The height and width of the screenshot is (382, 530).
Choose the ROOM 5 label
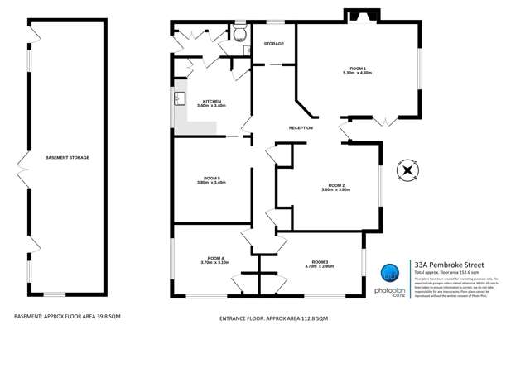point(211,178)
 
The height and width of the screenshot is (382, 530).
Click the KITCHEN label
point(212,101)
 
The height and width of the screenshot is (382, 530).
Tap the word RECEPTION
point(301,128)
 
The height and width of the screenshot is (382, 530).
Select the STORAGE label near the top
point(273,43)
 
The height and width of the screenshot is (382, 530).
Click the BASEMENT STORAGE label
point(67,157)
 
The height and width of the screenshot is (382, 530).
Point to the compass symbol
point(407,172)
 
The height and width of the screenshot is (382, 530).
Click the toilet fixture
point(240,34)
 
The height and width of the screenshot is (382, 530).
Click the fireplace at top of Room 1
point(360,16)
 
